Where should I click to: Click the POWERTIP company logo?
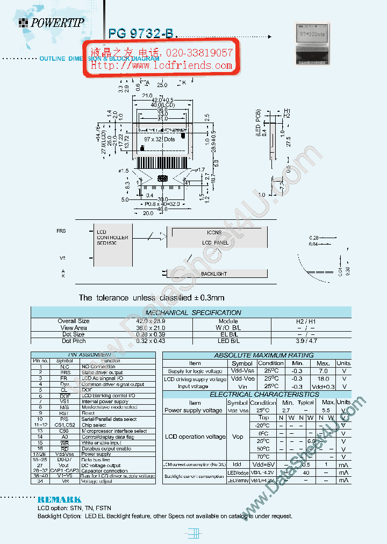51,23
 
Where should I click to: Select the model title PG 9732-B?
141,33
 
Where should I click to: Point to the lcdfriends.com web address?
161,66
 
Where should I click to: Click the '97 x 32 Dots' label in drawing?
160,139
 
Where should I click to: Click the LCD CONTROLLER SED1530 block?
112,237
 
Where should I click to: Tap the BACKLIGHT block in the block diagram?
214,274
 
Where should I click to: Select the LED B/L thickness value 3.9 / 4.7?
311,341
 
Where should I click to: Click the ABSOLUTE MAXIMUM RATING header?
256,355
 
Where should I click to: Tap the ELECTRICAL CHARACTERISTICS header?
256,394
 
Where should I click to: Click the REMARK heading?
59,499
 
